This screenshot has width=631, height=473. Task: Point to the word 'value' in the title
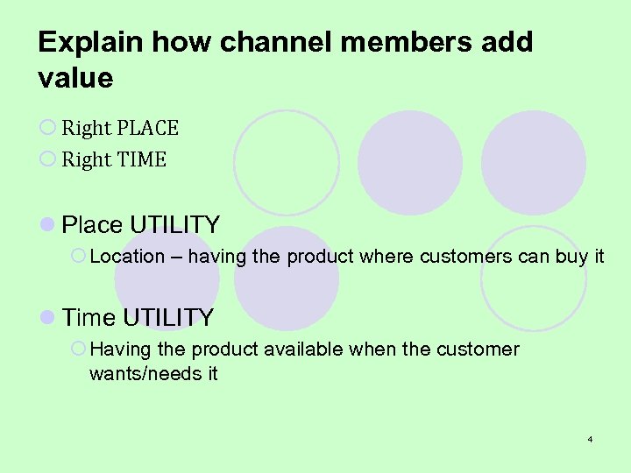point(75,78)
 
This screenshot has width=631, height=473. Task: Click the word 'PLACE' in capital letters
point(147,129)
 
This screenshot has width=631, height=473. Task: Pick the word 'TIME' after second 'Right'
point(141,159)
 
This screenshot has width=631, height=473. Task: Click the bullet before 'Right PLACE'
point(47,129)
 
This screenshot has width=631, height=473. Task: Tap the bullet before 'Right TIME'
point(47,159)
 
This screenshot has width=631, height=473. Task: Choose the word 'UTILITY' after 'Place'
point(174,225)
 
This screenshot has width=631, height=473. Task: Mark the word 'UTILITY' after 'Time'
point(168,317)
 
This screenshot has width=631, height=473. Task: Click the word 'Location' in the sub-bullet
point(127,257)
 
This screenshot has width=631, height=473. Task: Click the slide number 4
point(591,438)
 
